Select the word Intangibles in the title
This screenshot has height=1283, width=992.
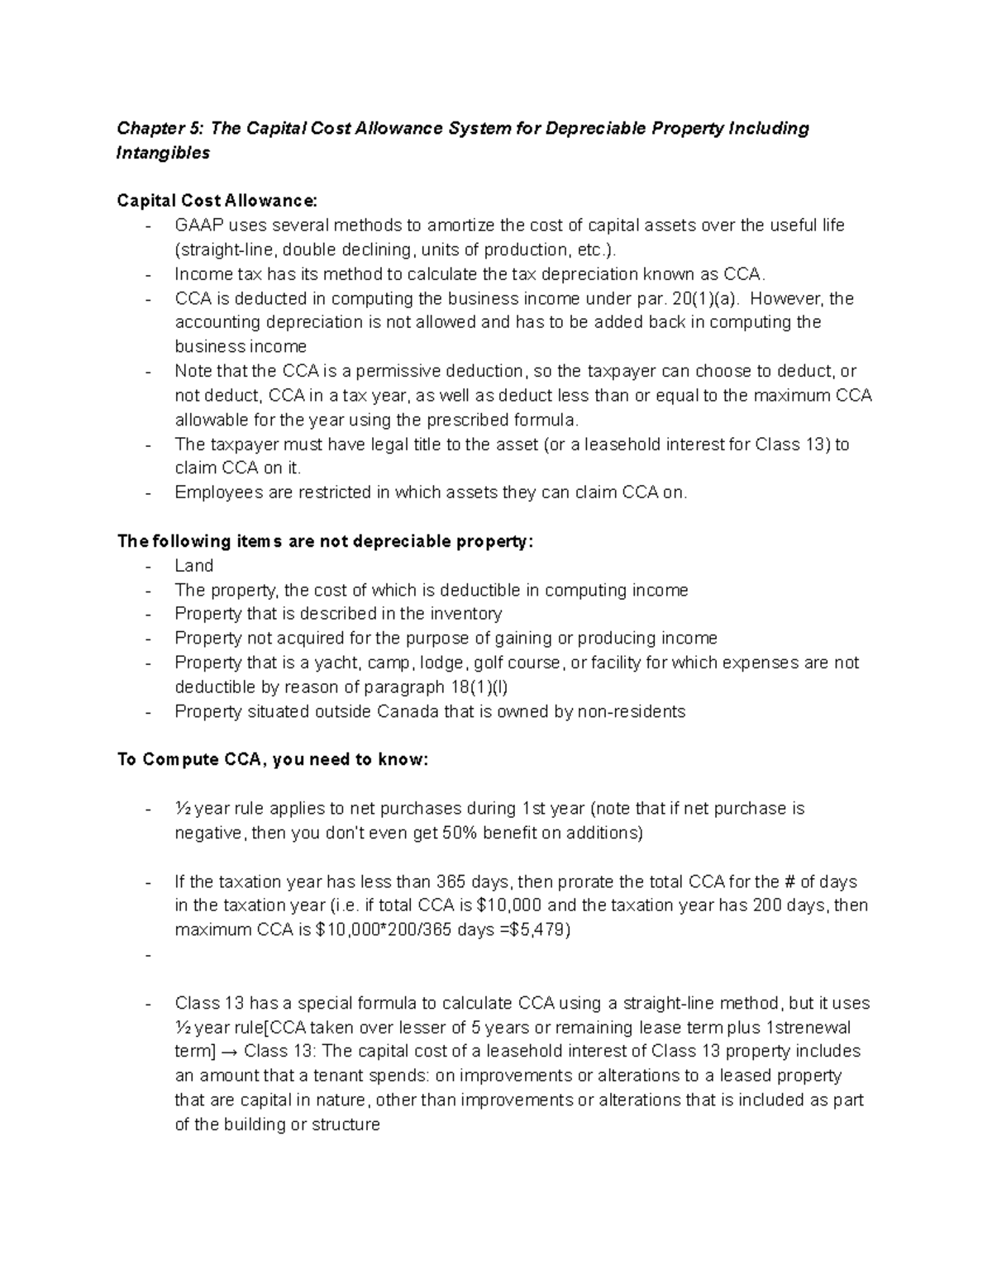tap(163, 153)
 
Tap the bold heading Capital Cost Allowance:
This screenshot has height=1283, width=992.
tap(217, 201)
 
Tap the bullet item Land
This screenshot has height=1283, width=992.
tap(193, 566)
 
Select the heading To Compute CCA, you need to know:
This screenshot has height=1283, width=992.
tap(273, 760)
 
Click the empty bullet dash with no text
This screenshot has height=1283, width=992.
tap(148, 955)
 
